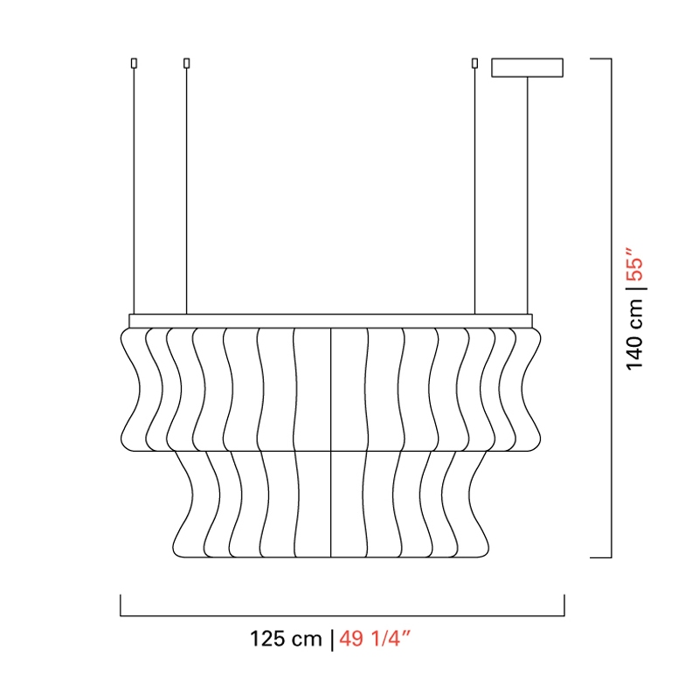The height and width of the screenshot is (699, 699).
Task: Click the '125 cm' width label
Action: coord(286,639)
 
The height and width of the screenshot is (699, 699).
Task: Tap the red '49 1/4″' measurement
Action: coord(375,639)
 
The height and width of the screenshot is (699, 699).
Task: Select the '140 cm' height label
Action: coord(635,334)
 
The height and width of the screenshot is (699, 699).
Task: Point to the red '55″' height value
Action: coord(635,264)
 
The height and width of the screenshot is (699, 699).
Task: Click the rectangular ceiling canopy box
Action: coord(528,67)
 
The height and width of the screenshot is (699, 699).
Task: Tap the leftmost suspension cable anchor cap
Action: coord(134,63)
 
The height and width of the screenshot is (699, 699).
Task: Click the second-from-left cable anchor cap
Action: coord(186,63)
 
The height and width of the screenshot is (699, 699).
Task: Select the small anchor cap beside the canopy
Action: coord(474,63)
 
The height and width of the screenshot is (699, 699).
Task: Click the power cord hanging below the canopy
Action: coord(528,195)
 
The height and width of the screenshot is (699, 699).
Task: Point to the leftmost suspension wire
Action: coord(134,191)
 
